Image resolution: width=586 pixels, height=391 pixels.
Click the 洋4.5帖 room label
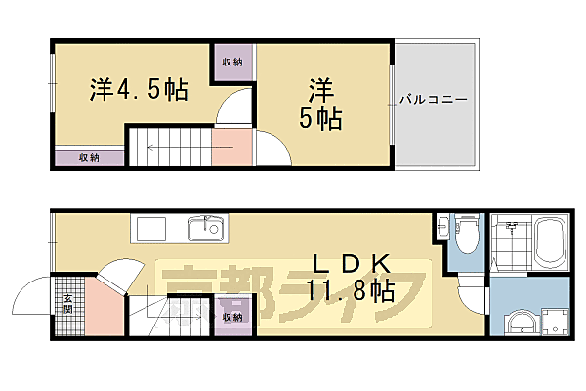[x=139, y=90]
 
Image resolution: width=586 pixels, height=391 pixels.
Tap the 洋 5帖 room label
[x=320, y=104]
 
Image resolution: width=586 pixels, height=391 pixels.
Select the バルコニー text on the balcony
[x=433, y=100]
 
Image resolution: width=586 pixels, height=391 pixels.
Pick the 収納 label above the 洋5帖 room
[x=232, y=63]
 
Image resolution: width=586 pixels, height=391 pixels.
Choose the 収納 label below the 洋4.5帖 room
[x=89, y=157]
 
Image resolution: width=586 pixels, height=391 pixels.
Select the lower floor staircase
[x=171, y=315]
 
